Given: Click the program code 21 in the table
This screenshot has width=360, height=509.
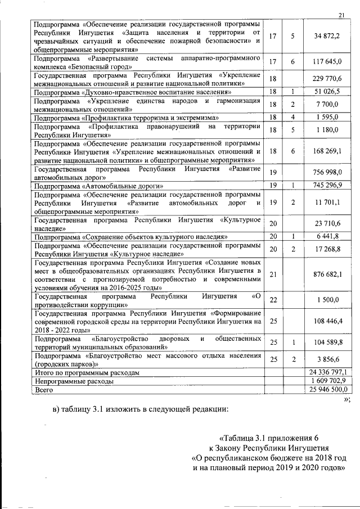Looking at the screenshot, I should click(273, 274).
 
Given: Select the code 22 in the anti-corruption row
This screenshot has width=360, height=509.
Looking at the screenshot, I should click(273, 300).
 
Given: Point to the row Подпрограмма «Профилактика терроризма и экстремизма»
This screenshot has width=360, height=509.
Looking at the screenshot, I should click(126, 118).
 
